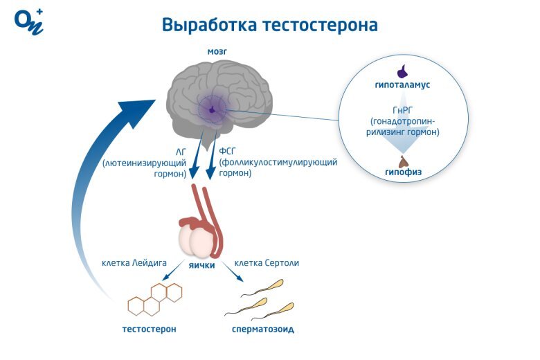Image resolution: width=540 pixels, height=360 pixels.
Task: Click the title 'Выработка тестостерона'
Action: point(270,25)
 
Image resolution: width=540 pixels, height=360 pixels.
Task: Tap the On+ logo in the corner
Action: point(28,21)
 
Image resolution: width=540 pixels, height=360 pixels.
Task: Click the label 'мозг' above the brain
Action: point(217,52)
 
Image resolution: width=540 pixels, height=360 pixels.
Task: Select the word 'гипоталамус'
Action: point(403,84)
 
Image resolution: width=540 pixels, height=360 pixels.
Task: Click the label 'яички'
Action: point(202,265)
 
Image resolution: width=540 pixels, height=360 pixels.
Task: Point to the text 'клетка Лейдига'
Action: point(134,263)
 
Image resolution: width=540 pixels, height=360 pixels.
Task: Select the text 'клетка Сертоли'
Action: point(267,263)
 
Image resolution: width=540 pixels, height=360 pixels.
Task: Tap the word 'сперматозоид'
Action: point(262,329)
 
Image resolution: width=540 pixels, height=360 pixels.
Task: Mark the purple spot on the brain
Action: point(212,109)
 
